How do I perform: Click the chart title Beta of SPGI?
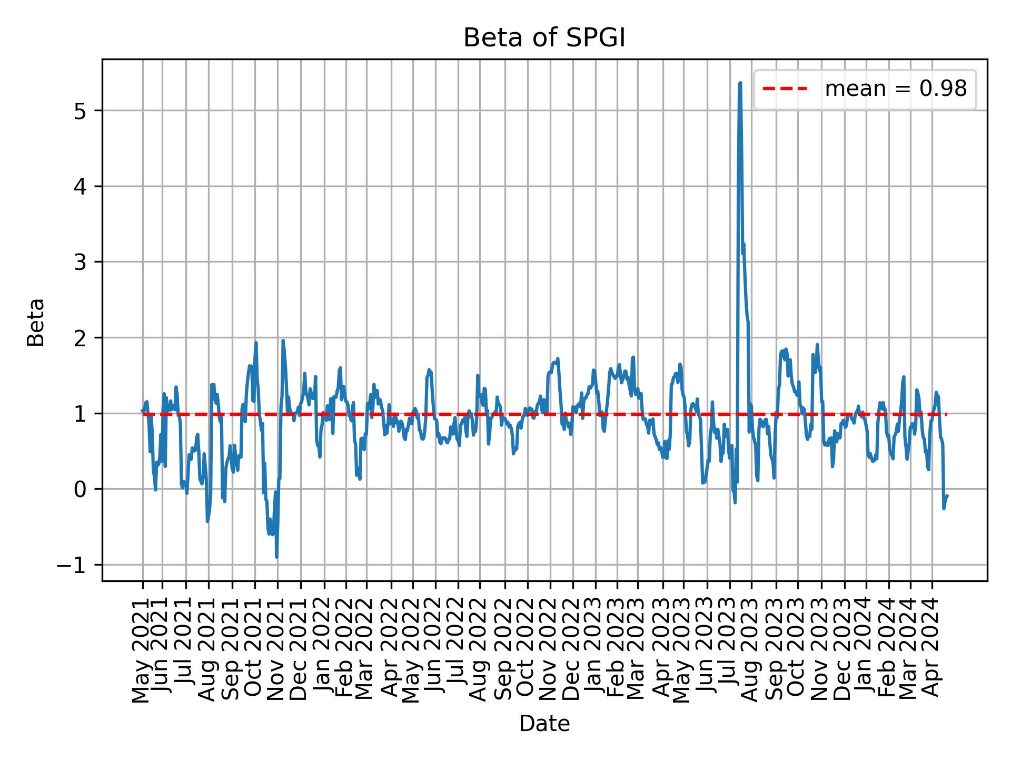click(x=544, y=38)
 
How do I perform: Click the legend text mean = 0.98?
click(x=895, y=89)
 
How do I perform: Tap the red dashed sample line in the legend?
click(x=785, y=89)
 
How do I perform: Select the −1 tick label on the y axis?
click(x=73, y=566)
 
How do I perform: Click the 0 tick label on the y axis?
click(x=81, y=490)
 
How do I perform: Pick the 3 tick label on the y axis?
click(x=81, y=262)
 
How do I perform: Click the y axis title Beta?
click(x=36, y=322)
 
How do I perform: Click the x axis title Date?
click(x=544, y=724)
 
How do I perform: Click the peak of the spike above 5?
click(x=740, y=83)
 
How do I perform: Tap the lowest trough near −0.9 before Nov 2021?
click(x=276, y=557)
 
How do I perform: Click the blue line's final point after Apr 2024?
click(x=947, y=495)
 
